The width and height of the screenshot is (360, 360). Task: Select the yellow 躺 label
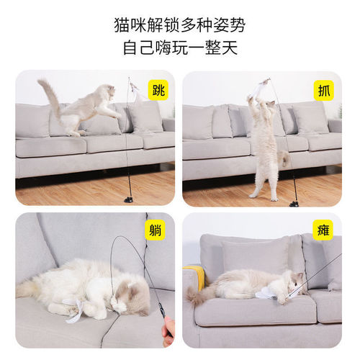click(x=157, y=231)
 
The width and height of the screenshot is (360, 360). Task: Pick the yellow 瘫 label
click(x=324, y=231)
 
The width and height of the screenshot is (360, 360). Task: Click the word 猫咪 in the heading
click(x=130, y=25)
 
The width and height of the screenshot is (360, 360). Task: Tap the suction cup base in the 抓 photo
click(x=294, y=202)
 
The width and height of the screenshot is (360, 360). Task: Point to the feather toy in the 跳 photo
click(x=135, y=92)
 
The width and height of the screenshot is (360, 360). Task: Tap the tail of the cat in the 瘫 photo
click(x=196, y=294)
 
